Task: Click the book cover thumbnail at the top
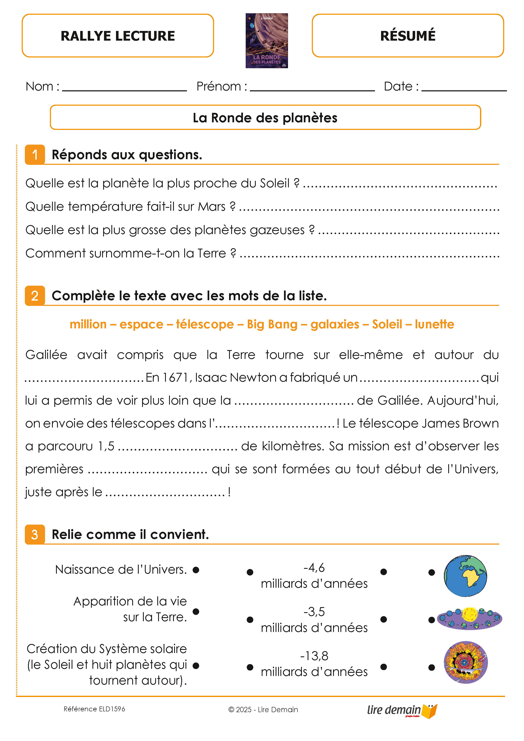tap(267, 41)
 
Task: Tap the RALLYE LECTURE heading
tap(118, 36)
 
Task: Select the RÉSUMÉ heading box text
tap(408, 36)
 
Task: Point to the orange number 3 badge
tap(35, 534)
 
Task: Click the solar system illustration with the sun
tap(469, 618)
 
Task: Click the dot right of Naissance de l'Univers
tap(196, 570)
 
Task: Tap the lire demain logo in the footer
tap(402, 710)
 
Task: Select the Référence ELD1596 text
tap(94, 709)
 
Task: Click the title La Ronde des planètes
tap(265, 118)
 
